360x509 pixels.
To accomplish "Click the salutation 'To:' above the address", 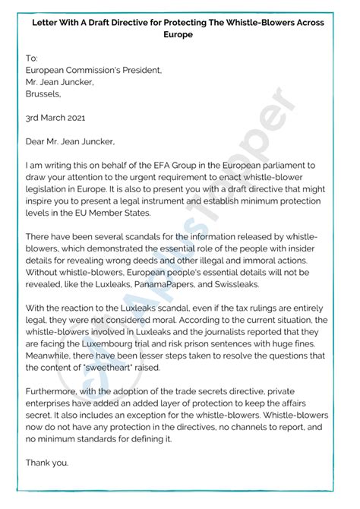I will tap(31, 58).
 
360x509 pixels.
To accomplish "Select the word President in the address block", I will tap(140, 71).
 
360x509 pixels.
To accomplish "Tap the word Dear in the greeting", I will tap(38, 141).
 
